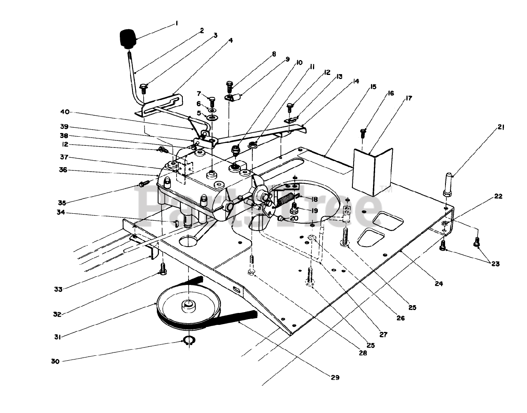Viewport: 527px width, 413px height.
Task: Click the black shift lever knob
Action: (x=128, y=39)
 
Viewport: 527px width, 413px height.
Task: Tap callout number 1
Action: (x=177, y=23)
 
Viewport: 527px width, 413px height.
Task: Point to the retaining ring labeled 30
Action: (x=189, y=341)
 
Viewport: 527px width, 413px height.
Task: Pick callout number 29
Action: (x=335, y=377)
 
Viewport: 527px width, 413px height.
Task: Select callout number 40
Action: (x=65, y=112)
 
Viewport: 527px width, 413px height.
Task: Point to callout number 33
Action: (x=58, y=289)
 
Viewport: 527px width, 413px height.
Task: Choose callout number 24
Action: (x=439, y=283)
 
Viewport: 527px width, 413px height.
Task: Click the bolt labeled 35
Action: (x=144, y=183)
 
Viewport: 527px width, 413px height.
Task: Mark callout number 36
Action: (x=63, y=170)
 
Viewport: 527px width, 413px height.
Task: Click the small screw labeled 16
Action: (x=363, y=133)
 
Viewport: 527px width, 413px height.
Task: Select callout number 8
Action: (x=274, y=54)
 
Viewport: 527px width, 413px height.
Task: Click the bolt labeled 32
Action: (x=163, y=269)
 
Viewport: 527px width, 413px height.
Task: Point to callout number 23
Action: (x=495, y=264)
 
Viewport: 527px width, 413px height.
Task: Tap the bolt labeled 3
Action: (x=143, y=89)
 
